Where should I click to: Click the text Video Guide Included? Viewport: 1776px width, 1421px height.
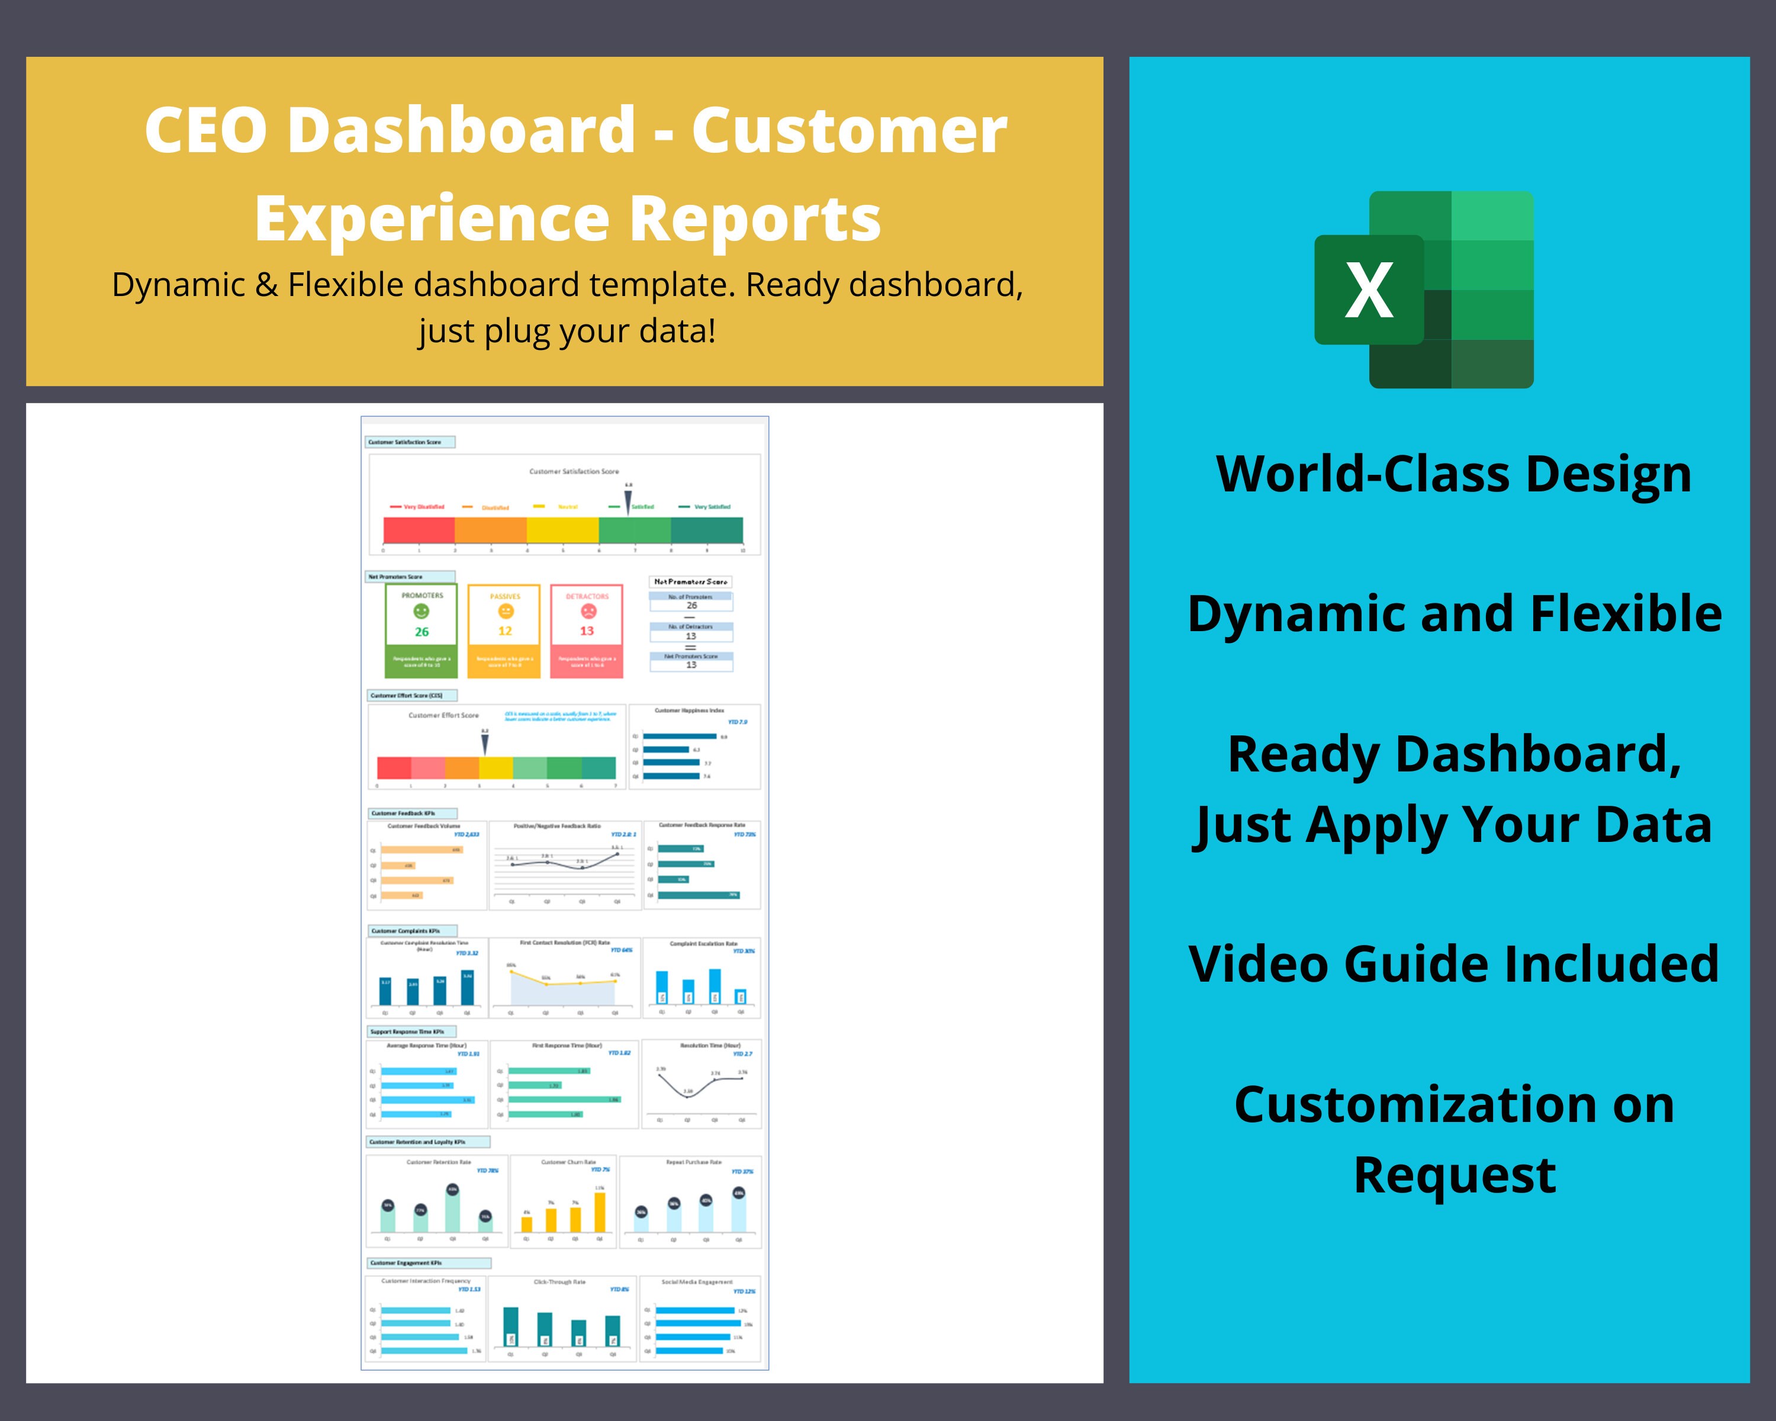point(1453,964)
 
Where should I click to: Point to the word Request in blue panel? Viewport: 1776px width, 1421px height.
point(1455,1175)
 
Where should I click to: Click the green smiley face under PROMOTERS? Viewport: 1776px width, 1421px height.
point(421,611)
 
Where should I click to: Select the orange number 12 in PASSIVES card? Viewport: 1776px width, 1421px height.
point(504,631)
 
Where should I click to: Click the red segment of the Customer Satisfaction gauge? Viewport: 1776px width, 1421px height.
point(419,530)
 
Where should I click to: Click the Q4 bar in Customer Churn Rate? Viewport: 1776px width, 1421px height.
point(600,1212)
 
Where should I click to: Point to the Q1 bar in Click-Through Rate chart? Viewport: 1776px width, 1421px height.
point(511,1326)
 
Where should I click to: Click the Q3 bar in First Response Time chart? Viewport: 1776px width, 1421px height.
point(564,1099)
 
